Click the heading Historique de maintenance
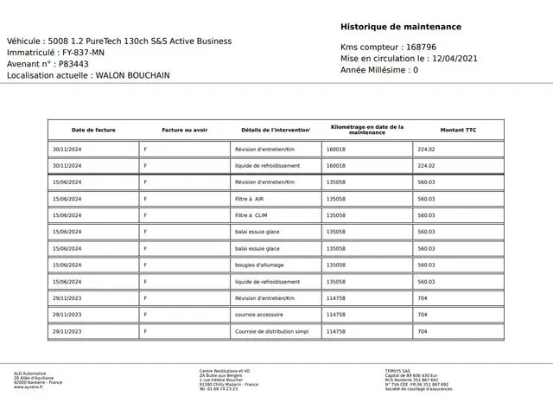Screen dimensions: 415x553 click(x=400, y=27)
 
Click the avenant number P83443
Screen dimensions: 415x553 click(x=73, y=64)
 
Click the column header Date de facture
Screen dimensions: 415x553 click(x=93, y=130)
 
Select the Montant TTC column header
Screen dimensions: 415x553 click(x=458, y=130)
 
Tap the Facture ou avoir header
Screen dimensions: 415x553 click(x=185, y=130)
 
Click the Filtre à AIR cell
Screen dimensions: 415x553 click(x=249, y=199)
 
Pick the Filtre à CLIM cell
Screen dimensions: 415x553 click(x=251, y=215)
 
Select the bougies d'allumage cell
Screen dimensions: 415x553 click(x=259, y=265)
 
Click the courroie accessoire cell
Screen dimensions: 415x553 click(x=258, y=315)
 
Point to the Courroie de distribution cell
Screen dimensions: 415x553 click(x=271, y=331)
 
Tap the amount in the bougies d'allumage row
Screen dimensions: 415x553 click(x=426, y=265)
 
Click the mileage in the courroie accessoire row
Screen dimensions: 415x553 click(x=336, y=315)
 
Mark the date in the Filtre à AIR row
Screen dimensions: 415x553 click(x=67, y=199)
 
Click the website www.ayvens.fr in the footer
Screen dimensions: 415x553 click(x=29, y=387)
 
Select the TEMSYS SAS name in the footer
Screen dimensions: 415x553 click(x=399, y=372)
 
